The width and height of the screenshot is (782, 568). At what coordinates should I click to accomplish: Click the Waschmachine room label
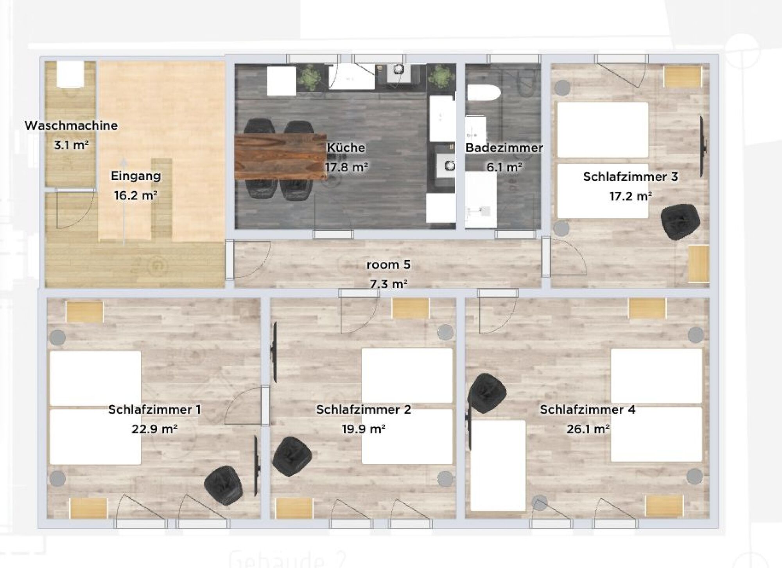71,125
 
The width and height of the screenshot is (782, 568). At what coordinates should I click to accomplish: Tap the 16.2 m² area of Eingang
136,195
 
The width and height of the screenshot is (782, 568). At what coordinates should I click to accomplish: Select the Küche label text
346,147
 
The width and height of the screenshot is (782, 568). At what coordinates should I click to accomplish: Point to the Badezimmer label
504,148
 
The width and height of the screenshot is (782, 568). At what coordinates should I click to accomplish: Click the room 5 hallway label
388,264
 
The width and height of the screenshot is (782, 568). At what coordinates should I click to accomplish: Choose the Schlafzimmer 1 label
155,409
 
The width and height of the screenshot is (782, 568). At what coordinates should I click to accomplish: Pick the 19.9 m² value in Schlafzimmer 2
364,429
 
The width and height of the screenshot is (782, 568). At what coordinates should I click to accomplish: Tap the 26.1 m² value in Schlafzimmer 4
588,429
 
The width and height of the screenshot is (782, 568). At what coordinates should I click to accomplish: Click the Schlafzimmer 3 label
630,176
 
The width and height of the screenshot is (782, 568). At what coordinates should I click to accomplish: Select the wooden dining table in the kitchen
281,156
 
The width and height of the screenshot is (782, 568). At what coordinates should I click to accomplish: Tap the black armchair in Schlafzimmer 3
680,222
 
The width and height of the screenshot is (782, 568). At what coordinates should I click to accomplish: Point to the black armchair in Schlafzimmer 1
223,486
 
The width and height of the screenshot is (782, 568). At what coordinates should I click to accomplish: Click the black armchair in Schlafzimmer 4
487,393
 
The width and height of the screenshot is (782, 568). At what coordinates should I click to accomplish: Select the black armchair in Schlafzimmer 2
292,456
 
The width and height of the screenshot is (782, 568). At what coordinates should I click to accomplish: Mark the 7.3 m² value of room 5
389,284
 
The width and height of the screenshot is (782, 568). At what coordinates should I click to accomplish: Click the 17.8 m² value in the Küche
346,167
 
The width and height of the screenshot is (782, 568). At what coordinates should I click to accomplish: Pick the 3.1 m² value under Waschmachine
71,145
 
